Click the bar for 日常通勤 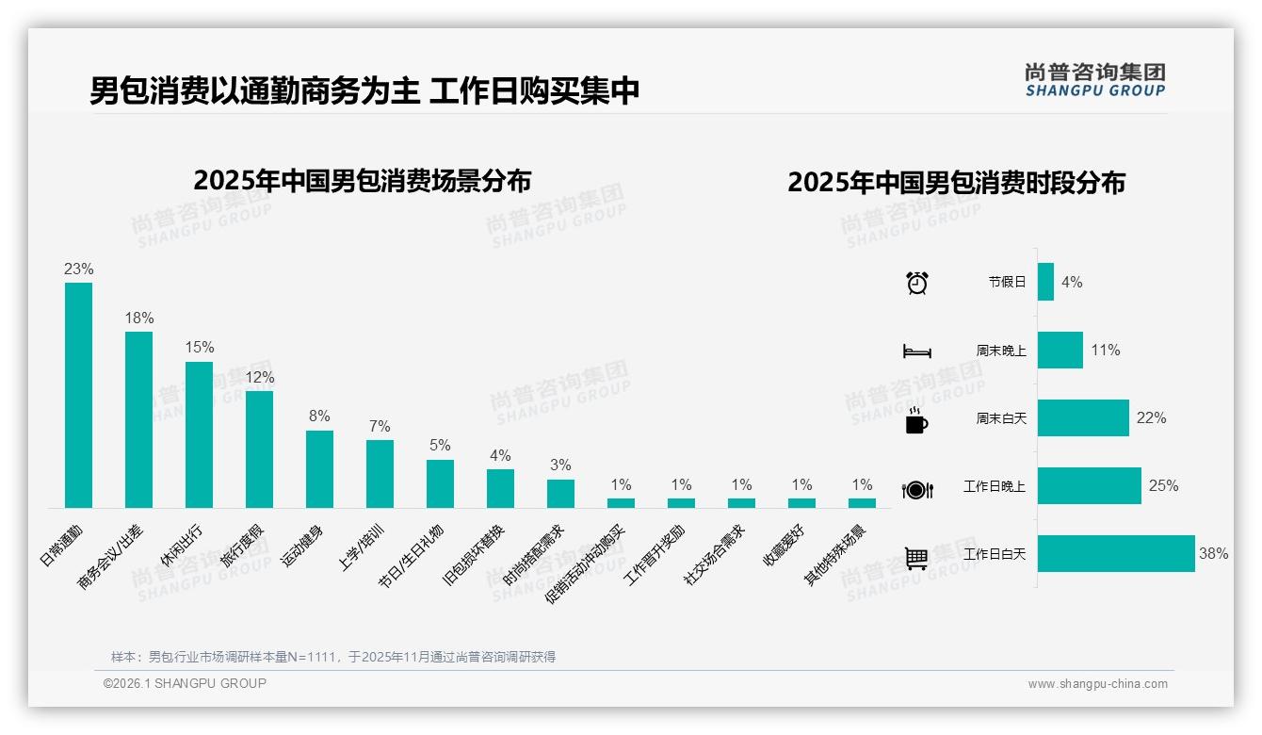click(x=78, y=395)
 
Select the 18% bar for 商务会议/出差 click(x=138, y=419)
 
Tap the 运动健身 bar click(x=319, y=469)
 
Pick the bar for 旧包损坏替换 click(x=500, y=488)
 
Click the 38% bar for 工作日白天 click(x=1116, y=554)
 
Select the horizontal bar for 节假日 click(x=1045, y=282)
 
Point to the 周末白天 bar click(x=1083, y=417)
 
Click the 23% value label click(x=78, y=269)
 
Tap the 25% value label click(x=1163, y=486)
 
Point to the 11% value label click(x=1106, y=350)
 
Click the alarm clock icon click(x=916, y=283)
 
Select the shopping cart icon click(x=916, y=558)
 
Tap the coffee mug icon click(x=916, y=420)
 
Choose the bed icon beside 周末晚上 click(x=916, y=351)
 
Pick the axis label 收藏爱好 click(x=783, y=547)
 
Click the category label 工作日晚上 click(x=995, y=486)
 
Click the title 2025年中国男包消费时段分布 click(x=956, y=183)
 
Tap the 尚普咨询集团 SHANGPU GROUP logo click(x=1094, y=80)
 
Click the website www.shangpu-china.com click(x=1097, y=684)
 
